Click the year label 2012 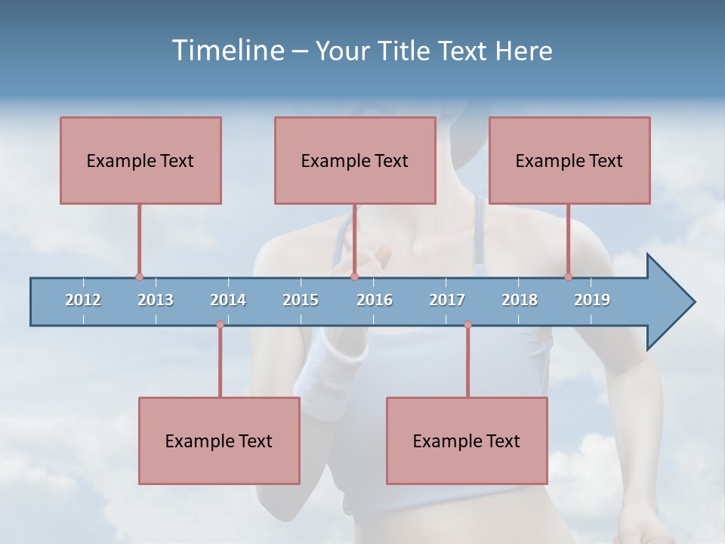click(x=83, y=300)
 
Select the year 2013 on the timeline click(x=156, y=300)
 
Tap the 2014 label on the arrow click(x=228, y=300)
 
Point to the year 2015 click(x=301, y=300)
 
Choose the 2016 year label click(x=375, y=300)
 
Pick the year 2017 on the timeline click(x=447, y=300)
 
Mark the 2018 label click(x=520, y=300)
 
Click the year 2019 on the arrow click(x=592, y=300)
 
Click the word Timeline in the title click(x=226, y=51)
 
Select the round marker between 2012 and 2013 click(x=139, y=277)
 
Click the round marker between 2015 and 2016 click(x=354, y=277)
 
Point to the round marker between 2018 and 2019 click(x=569, y=277)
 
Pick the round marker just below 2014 click(x=220, y=325)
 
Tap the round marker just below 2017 click(x=467, y=325)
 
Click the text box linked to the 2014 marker click(x=219, y=440)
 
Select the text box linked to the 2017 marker click(x=467, y=440)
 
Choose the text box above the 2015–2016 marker click(x=355, y=160)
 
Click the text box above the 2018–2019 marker click(x=569, y=160)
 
